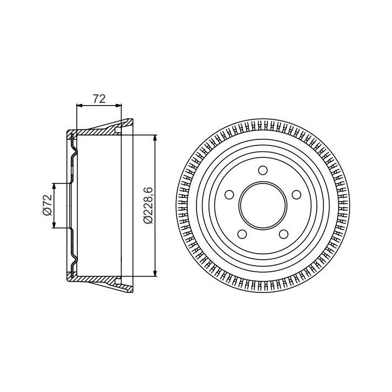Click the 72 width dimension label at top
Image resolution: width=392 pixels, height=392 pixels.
(99, 99)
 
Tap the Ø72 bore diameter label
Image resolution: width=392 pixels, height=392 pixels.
(47, 205)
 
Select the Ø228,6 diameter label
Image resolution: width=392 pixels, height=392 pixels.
(148, 205)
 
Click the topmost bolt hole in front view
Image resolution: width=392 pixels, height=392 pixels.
(262, 170)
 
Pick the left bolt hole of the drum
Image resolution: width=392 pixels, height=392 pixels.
(229, 194)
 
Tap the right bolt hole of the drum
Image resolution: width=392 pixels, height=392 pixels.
(296, 194)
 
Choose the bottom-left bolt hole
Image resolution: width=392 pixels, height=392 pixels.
(242, 234)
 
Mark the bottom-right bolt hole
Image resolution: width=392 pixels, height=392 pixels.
(284, 234)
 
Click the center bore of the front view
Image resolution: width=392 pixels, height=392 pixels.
(263, 205)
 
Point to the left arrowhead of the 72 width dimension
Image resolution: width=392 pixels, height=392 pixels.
(79, 106)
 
